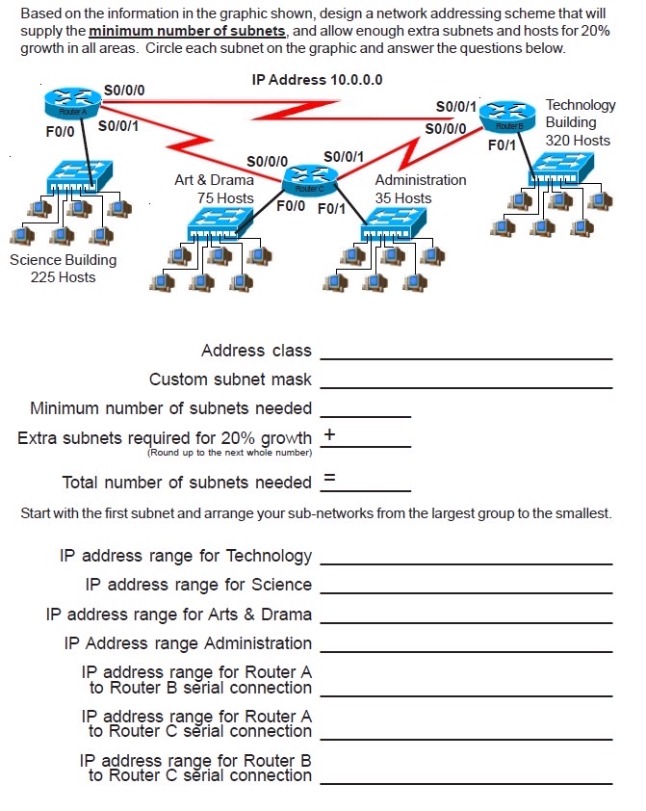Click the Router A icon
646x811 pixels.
65,102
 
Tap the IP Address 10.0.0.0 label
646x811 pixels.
317,79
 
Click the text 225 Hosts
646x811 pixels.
63,277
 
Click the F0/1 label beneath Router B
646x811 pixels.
502,145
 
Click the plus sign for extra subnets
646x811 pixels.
329,434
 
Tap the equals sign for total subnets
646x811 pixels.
329,478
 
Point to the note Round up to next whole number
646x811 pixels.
229,453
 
